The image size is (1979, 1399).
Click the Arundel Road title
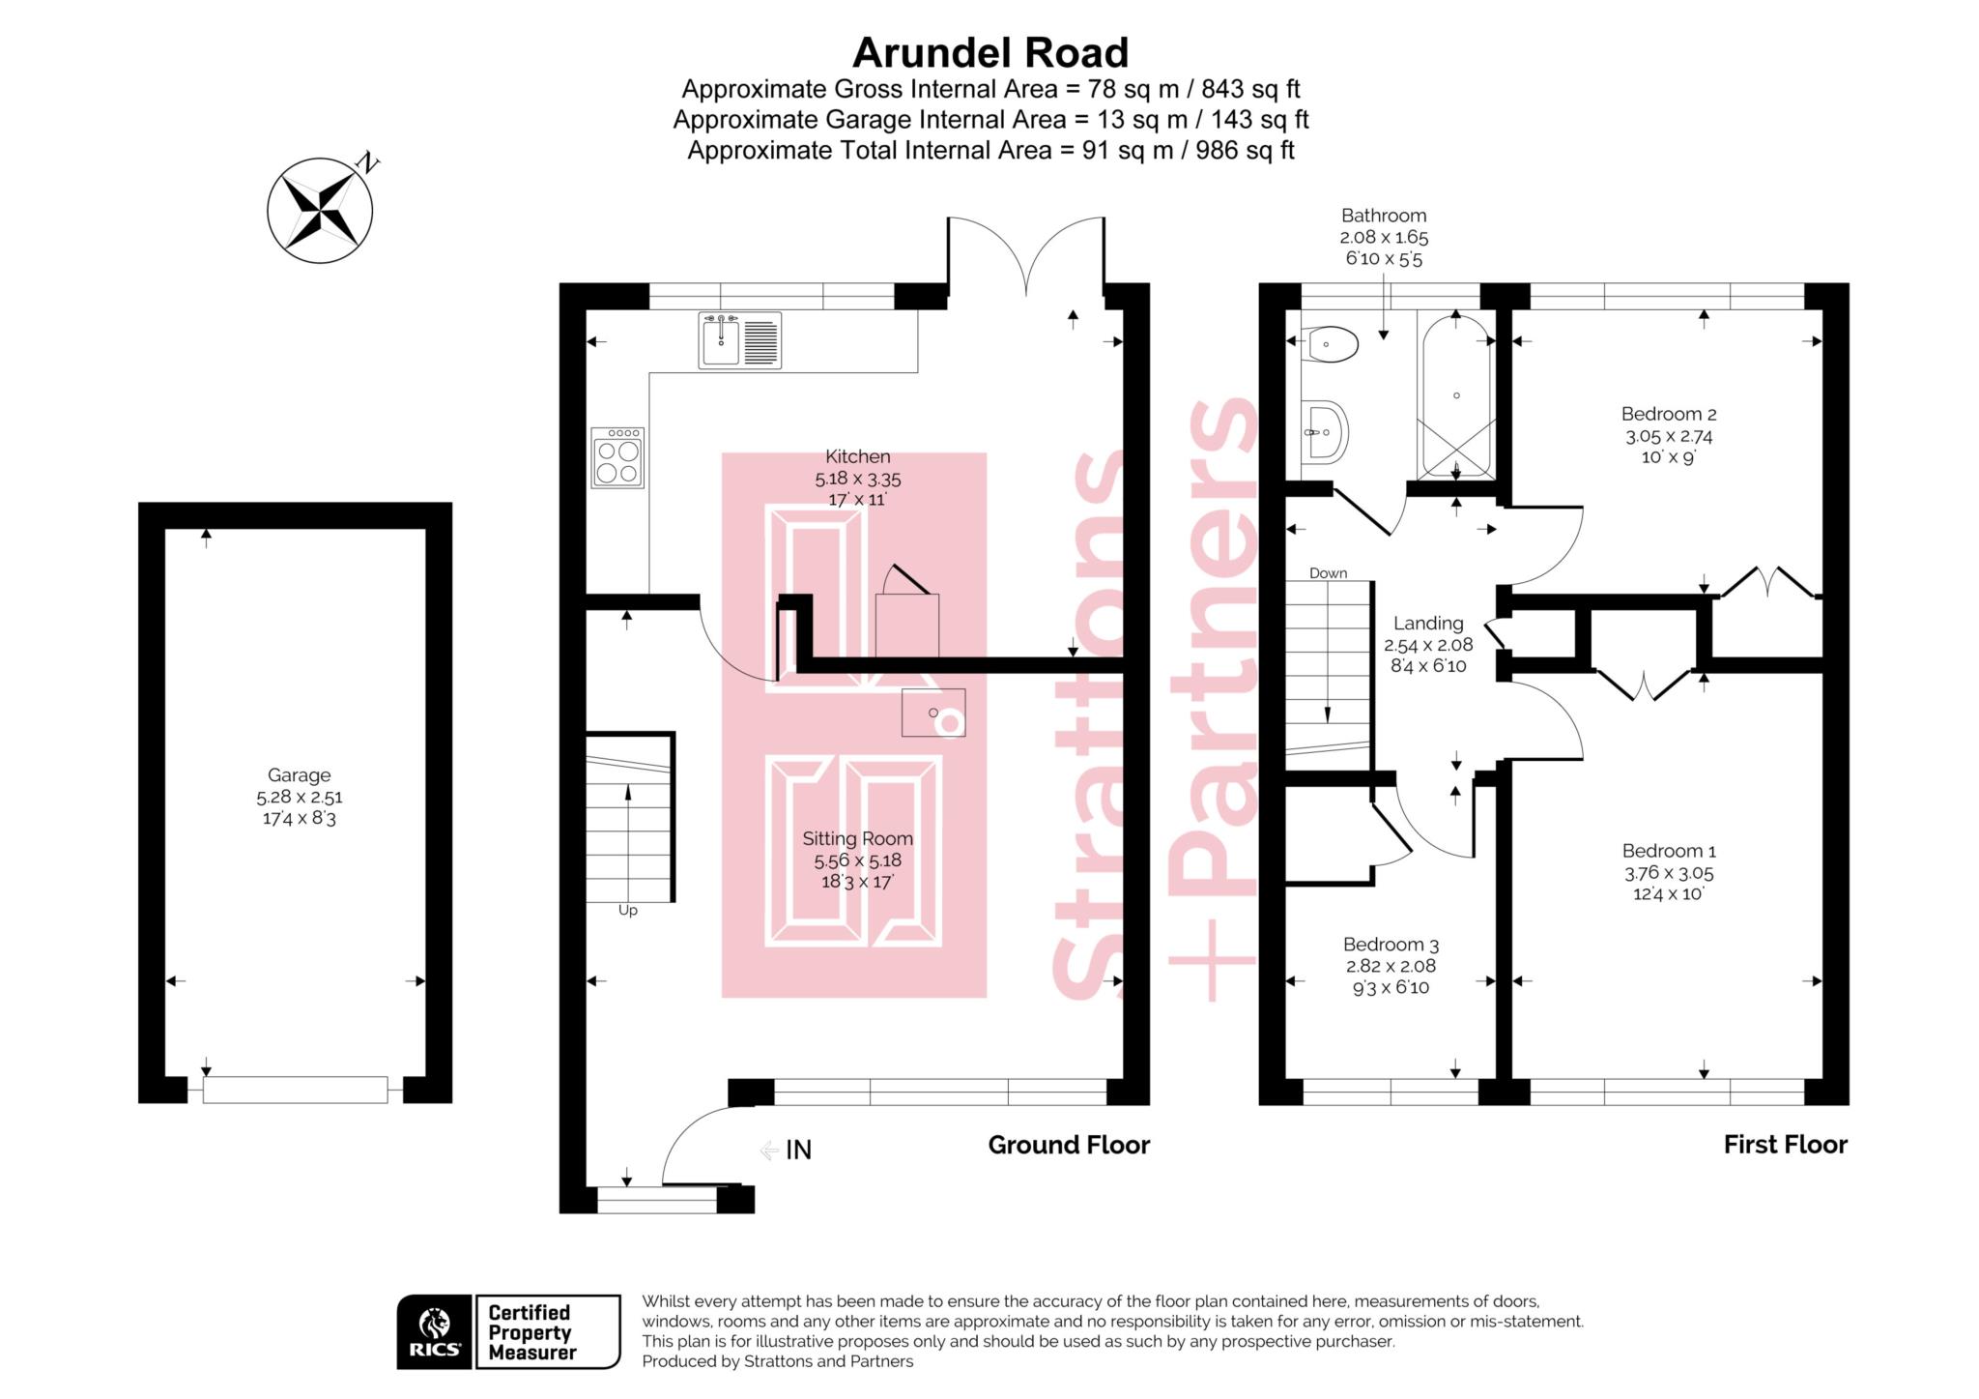click(x=989, y=52)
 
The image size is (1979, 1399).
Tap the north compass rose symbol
click(x=320, y=209)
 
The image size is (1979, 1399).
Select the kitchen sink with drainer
click(x=740, y=340)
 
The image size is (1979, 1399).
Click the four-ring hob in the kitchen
click(x=617, y=458)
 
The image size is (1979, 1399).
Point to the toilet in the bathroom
click(x=1332, y=343)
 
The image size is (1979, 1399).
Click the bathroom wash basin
click(x=1323, y=432)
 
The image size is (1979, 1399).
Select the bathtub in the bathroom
click(x=1455, y=396)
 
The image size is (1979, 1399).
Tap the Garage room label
click(x=299, y=775)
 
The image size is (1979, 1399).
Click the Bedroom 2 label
click(x=1668, y=414)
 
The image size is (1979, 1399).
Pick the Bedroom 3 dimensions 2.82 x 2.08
click(x=1391, y=966)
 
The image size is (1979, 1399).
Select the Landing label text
click(x=1427, y=624)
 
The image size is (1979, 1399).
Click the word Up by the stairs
click(x=627, y=911)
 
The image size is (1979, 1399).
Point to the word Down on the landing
click(x=1328, y=573)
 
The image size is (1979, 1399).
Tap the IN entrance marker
click(x=797, y=1150)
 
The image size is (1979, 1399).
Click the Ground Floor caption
click(x=1068, y=1145)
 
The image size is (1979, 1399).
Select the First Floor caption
click(x=1785, y=1145)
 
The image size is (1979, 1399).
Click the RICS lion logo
click(x=434, y=1331)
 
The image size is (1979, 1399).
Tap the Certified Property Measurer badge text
click(x=531, y=1332)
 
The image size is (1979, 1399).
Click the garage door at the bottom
click(x=295, y=1090)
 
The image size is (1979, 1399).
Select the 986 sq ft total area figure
click(x=1245, y=151)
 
